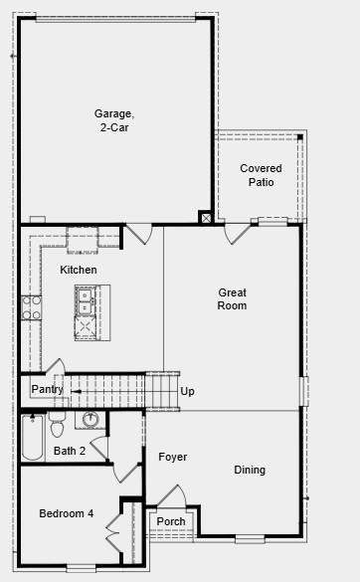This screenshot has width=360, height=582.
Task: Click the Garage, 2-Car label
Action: click(114, 120)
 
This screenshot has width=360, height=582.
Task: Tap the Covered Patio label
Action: click(261, 175)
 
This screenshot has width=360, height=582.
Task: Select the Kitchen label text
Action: click(79, 270)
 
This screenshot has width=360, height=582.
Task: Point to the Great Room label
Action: click(233, 298)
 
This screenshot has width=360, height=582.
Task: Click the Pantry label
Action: click(47, 389)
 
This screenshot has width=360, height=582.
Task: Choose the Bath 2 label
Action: click(70, 451)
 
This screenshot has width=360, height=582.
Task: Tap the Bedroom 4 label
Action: click(67, 513)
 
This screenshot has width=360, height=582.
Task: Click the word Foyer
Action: click(172, 457)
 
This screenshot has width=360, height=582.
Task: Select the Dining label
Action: click(250, 470)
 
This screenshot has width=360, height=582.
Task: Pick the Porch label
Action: click(171, 521)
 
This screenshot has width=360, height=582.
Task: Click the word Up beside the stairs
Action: click(187, 391)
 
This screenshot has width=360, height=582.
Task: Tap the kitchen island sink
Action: click(86, 300)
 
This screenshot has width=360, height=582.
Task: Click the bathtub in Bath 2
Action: click(32, 439)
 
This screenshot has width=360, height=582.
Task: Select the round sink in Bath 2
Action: click(91, 419)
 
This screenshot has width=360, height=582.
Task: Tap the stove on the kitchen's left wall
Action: click(31, 306)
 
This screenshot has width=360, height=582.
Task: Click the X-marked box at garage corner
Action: click(206, 217)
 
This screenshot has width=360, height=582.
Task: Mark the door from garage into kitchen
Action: click(138, 234)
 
